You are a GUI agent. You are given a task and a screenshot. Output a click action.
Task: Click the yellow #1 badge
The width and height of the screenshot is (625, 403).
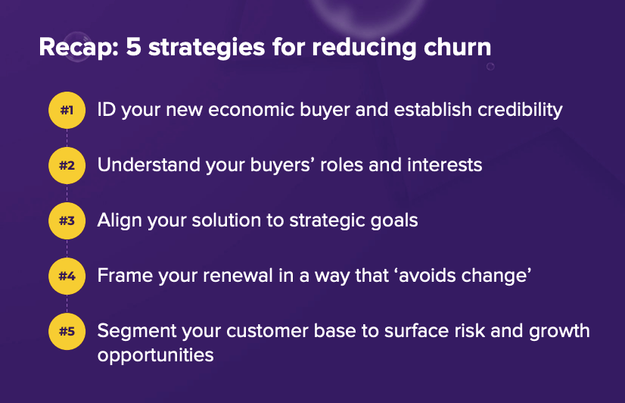point(67,111)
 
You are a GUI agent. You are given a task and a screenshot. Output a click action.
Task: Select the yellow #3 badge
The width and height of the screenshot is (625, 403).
point(67,221)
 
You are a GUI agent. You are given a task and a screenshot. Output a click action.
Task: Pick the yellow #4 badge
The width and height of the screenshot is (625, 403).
point(67,276)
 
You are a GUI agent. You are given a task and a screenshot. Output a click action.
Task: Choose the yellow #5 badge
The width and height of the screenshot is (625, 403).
point(67,331)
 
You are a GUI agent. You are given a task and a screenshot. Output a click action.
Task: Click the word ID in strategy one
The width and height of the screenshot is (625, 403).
point(107,110)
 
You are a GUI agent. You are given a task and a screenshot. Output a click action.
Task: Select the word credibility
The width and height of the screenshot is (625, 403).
point(520,110)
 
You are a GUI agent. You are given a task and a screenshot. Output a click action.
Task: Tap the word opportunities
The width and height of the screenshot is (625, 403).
point(155,354)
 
